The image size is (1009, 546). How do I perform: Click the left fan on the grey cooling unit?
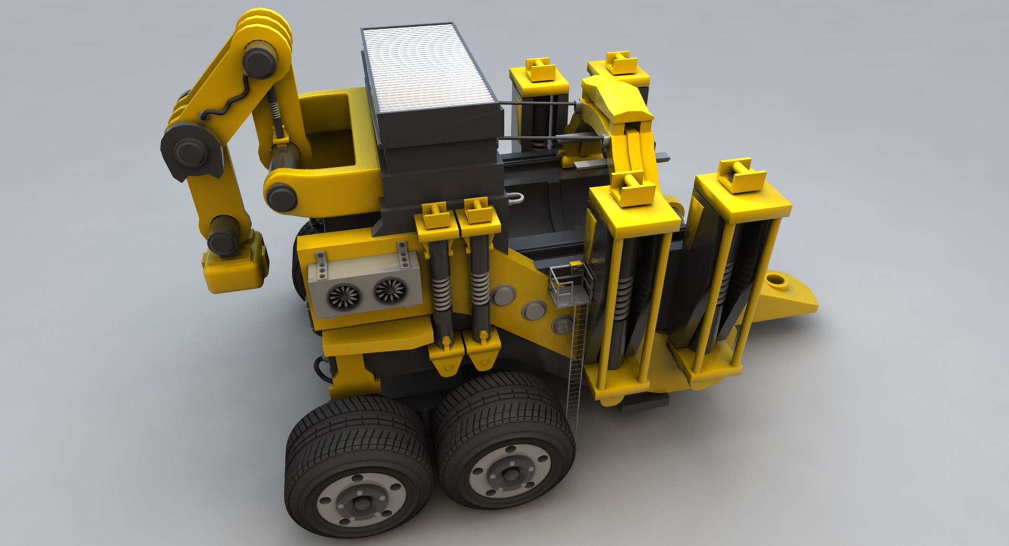coord(343,297)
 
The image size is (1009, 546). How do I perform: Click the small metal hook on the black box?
coord(518,198)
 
